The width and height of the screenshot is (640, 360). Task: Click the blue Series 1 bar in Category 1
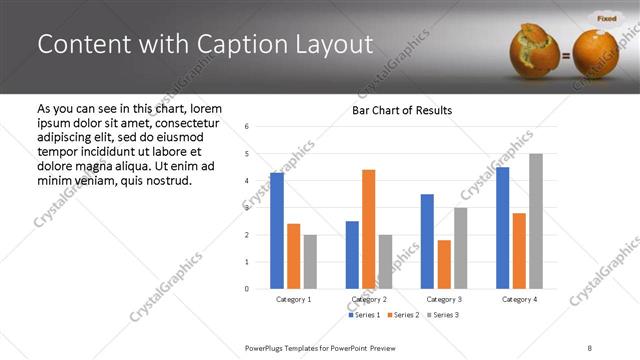pos(277,231)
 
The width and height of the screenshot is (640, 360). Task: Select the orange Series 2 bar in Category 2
pos(368,229)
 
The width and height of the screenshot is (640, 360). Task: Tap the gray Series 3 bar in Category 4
pos(536,221)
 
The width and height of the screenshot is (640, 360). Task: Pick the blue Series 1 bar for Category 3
pos(427,241)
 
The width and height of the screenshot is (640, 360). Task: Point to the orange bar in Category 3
pos(444,264)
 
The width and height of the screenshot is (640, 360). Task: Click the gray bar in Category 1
pos(310,262)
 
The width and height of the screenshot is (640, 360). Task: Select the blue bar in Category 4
pos(502,228)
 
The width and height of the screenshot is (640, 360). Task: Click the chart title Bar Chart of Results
pos(401,110)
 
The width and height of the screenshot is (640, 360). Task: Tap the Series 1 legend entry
pos(365,316)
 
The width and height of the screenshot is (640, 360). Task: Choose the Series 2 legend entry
pos(402,316)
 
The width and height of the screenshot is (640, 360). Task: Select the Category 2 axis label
pos(368,299)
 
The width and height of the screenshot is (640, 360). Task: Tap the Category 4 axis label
pos(519,299)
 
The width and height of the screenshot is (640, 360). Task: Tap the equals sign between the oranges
pos(566,56)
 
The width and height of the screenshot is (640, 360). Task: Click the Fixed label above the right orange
pos(606,18)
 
